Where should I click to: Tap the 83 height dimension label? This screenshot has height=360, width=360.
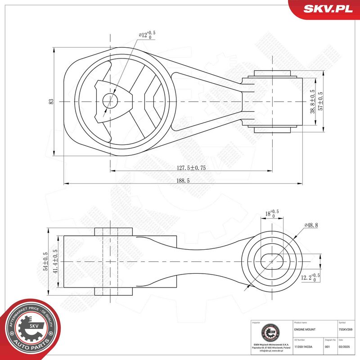[x=51, y=102]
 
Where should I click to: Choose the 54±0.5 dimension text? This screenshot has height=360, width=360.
[x=45, y=261]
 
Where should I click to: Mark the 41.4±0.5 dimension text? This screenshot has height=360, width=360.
[x=55, y=261]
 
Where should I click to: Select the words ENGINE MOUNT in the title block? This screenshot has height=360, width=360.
[x=304, y=329]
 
